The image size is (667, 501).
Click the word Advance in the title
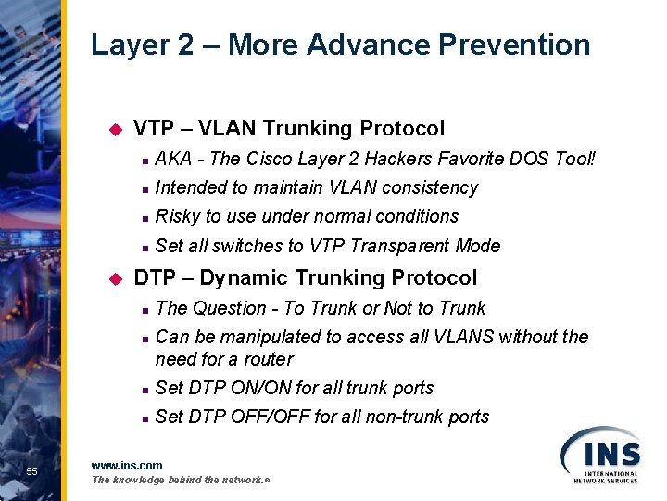[371, 45]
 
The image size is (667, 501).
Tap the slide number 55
[31, 471]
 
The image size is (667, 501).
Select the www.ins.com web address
[127, 465]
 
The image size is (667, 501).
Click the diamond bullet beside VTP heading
[116, 129]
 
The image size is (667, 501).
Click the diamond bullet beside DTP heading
[116, 278]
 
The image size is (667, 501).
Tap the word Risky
[178, 216]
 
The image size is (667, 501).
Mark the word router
[268, 359]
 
